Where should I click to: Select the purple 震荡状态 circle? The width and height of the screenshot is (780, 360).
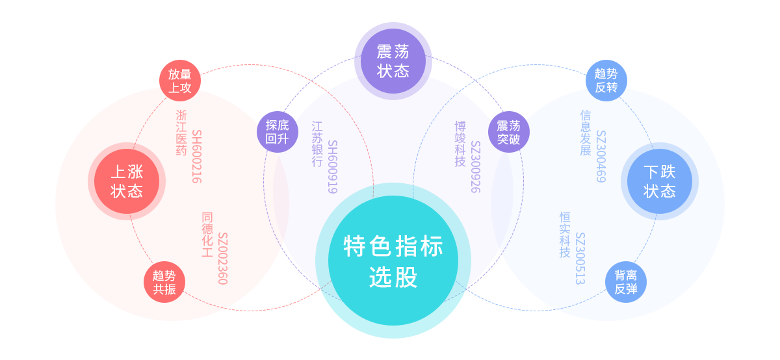[393, 61]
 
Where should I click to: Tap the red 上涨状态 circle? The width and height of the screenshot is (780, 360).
[127, 181]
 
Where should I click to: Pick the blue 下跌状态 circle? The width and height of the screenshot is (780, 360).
[660, 181]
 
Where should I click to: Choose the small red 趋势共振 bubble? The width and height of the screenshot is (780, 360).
[164, 282]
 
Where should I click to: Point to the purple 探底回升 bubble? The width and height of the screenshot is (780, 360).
[278, 132]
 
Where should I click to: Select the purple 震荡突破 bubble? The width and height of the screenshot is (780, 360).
[509, 132]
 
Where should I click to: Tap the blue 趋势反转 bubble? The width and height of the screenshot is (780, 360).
[606, 81]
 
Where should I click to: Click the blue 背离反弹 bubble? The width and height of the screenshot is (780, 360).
[626, 282]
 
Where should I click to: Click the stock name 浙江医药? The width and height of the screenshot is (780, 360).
[181, 133]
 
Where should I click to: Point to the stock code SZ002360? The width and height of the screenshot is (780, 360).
[223, 258]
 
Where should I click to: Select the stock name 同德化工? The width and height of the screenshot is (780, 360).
[207, 235]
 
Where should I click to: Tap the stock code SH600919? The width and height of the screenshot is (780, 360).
[332, 166]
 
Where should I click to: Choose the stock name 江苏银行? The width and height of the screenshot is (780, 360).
[317, 144]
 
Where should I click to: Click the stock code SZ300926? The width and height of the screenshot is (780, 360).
[475, 166]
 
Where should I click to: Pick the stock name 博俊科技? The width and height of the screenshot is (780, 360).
[460, 144]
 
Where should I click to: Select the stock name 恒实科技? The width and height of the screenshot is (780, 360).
[565, 235]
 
